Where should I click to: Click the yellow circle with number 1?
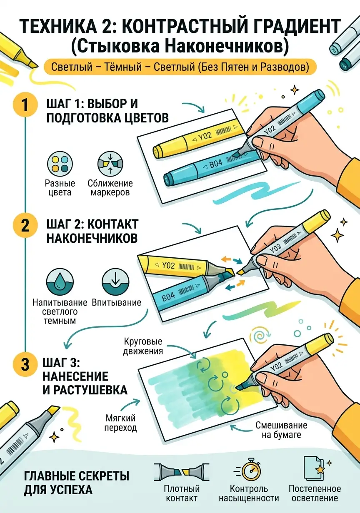[25, 105]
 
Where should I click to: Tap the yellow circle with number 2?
[25, 226]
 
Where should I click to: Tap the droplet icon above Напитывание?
[60, 281]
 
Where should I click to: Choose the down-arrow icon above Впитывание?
[115, 281]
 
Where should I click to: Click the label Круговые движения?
[143, 346]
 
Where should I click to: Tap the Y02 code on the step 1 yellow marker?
[205, 137]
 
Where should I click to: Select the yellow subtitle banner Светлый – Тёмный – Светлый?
[180, 67]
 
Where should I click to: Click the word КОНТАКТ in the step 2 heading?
[113, 224]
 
